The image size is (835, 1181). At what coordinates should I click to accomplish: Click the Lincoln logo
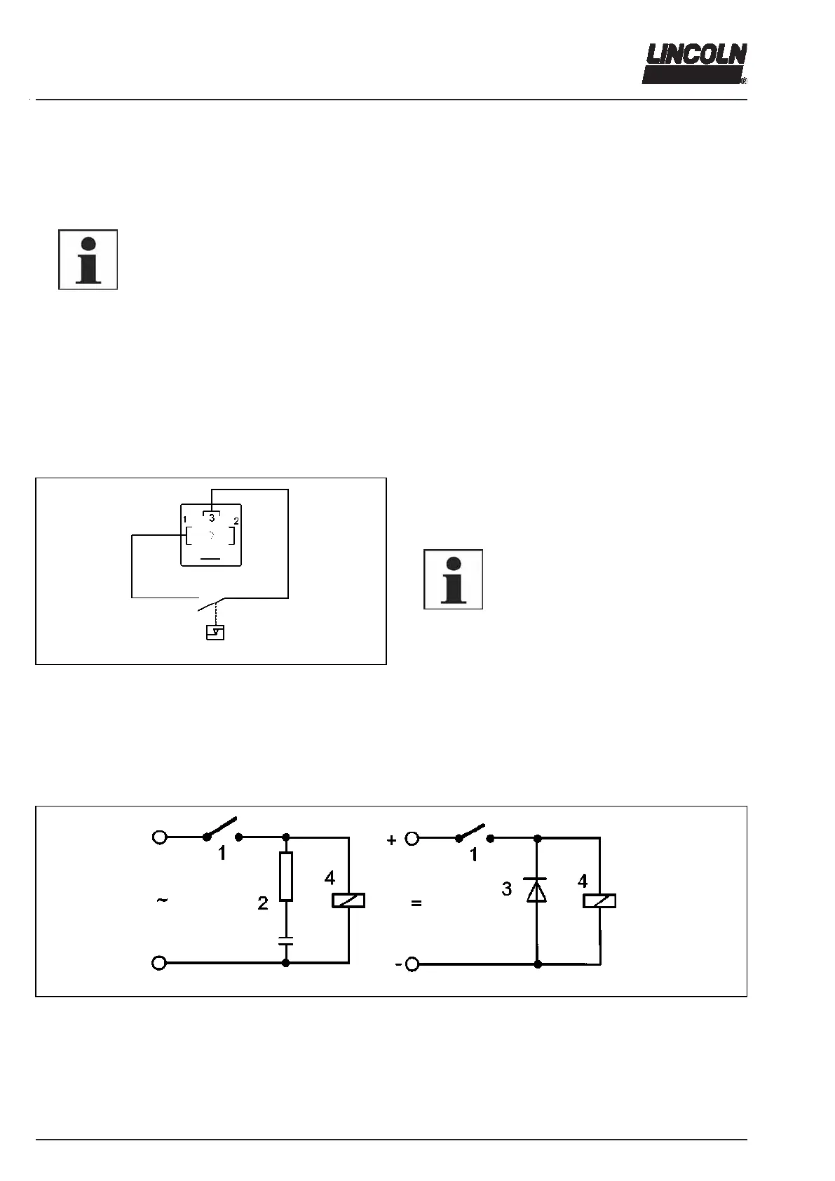tap(694, 64)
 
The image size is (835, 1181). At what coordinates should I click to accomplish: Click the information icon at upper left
tap(88, 259)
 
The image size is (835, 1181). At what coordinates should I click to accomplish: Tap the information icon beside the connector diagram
tap(453, 579)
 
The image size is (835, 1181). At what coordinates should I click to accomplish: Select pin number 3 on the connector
tap(212, 518)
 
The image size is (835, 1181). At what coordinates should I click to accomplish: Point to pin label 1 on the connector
tap(184, 520)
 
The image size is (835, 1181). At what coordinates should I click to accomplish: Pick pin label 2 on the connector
tap(236, 521)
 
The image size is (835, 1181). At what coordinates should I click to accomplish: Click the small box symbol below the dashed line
tap(215, 633)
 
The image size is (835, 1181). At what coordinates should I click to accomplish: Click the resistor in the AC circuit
tap(285, 877)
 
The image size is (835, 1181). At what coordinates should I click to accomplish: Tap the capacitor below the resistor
tap(285, 940)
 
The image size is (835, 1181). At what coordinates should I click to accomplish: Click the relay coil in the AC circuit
tap(348, 900)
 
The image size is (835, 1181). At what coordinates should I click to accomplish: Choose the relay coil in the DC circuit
tap(599, 900)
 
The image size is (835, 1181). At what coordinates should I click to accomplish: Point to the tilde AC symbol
tap(162, 900)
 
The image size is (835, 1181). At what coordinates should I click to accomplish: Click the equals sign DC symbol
tap(416, 904)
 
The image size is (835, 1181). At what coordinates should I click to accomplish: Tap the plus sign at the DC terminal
tap(392, 840)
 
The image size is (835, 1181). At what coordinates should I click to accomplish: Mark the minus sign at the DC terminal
tap(398, 965)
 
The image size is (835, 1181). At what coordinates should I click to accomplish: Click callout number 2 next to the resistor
tap(263, 903)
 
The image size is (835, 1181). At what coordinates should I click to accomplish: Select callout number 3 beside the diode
tap(507, 889)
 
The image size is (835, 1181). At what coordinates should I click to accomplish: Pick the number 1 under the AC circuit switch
tap(222, 854)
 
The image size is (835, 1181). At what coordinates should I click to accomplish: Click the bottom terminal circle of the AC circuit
tap(159, 963)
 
